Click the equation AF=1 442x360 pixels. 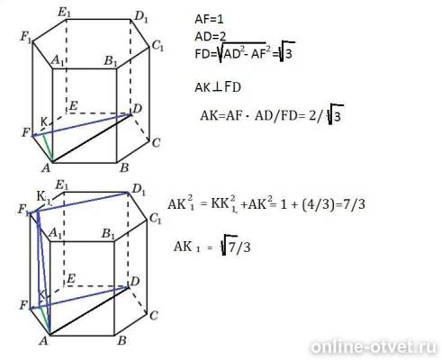pyautogui.click(x=209, y=20)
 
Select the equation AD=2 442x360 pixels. pyautogui.click(x=210, y=37)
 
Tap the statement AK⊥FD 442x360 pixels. pyautogui.click(x=218, y=87)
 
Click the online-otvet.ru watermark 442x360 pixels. pyautogui.click(x=373, y=347)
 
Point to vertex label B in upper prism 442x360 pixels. pyautogui.click(x=124, y=168)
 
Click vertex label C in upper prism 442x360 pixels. pyautogui.click(x=156, y=143)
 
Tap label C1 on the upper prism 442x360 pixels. pyautogui.click(x=158, y=46)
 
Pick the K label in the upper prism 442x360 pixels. pyautogui.click(x=44, y=122)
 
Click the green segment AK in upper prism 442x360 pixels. pyautogui.click(x=48, y=148)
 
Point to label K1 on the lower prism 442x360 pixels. pyautogui.click(x=43, y=197)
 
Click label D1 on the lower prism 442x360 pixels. pyautogui.click(x=139, y=190)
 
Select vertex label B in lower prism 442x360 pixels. pyautogui.click(x=122, y=341)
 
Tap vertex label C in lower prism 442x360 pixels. pyautogui.click(x=153, y=316)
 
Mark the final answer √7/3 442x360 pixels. pyautogui.click(x=236, y=246)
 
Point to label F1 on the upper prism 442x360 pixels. pyautogui.click(x=26, y=38)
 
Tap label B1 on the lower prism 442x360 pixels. pyautogui.click(x=108, y=234)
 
